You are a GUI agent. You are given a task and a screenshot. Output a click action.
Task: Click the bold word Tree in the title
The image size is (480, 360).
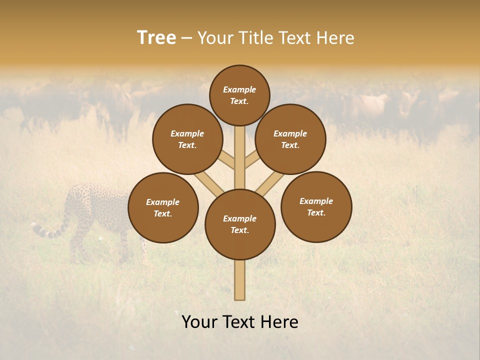coord(156,38)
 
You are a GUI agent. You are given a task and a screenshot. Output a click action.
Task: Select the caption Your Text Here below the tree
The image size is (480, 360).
coord(240,322)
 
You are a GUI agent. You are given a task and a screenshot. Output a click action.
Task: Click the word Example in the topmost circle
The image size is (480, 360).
coord(239,90)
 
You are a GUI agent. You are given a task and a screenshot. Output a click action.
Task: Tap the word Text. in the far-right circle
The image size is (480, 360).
coord(316,213)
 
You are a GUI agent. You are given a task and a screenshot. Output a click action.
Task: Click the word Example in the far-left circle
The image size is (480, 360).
coord(162,202)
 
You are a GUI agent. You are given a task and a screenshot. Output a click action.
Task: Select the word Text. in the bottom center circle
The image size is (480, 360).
coord(239,230)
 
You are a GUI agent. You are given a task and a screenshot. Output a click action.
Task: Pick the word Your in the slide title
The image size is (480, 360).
coord(214,38)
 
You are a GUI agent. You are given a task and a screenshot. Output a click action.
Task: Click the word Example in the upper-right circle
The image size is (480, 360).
coord(290,133)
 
